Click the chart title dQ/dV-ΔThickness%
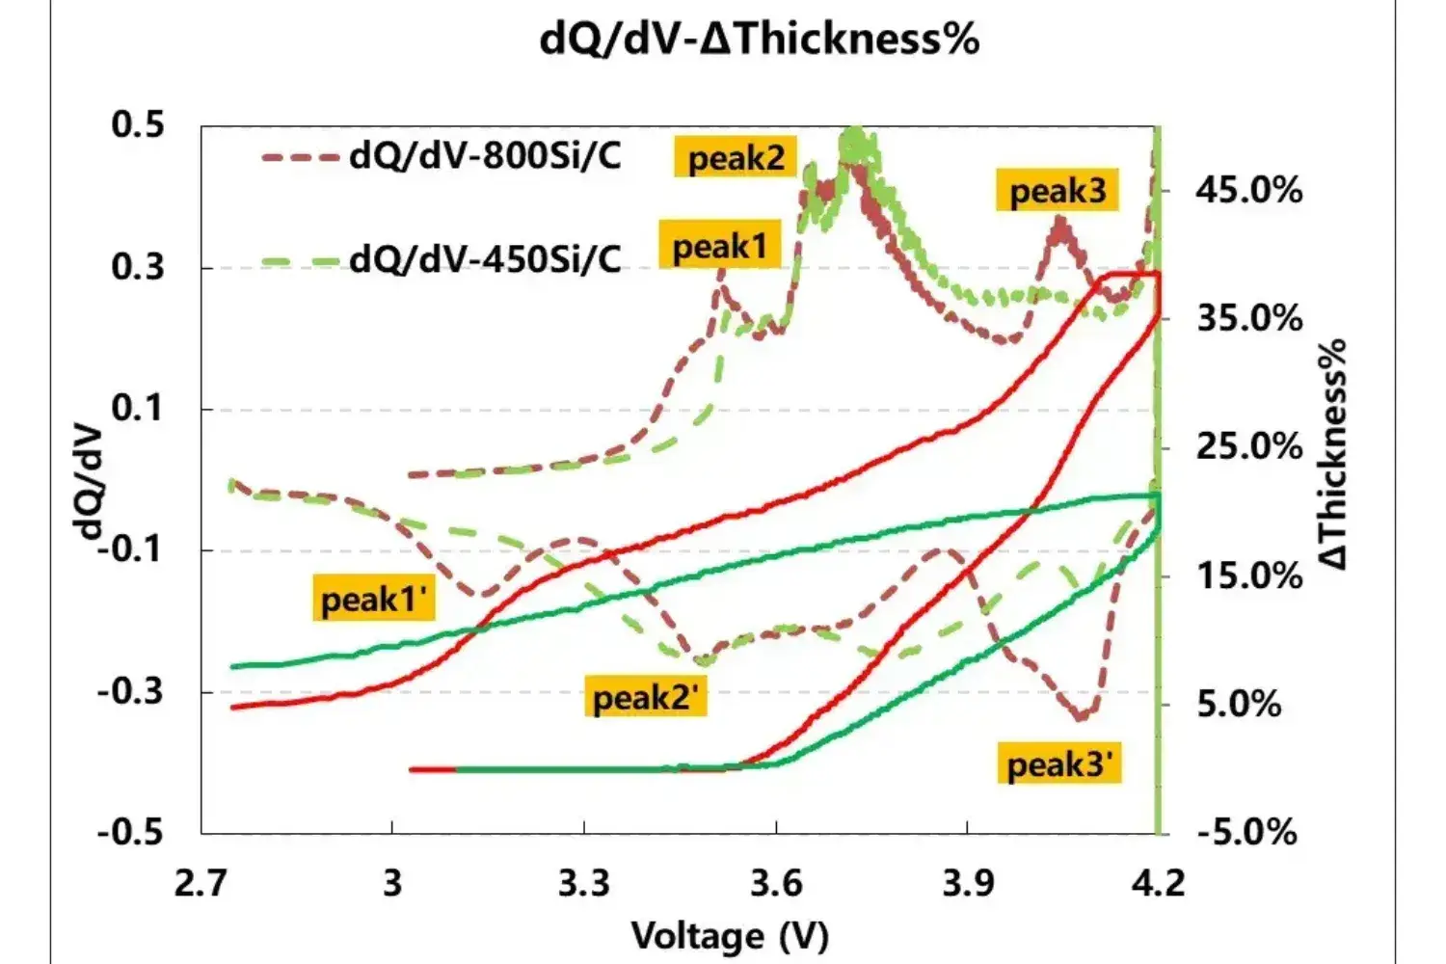coord(759,40)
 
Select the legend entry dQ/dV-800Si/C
coord(485,155)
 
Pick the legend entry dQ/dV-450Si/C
coord(485,258)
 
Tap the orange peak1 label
coord(719,247)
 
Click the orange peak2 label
coord(736,157)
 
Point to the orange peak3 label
coord(1057,191)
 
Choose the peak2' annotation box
coord(644,696)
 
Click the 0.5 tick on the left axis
coord(138,125)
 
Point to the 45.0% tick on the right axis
coord(1248,190)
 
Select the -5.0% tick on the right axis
coord(1247,831)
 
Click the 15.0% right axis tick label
coord(1248,576)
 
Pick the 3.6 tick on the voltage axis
coord(776,882)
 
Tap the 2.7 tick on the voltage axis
coord(201,882)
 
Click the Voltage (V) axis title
coord(730,935)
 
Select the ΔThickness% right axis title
coord(1333,453)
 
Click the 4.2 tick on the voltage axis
coord(1158,882)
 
